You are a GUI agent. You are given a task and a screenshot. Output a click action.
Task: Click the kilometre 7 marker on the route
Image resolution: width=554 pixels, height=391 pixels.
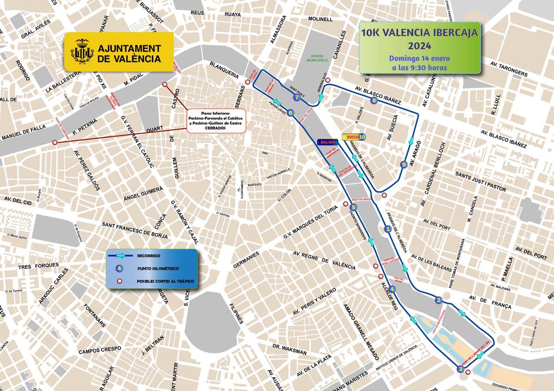296,97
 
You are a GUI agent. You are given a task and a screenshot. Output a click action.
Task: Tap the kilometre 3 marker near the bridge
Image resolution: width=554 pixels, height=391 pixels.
460,369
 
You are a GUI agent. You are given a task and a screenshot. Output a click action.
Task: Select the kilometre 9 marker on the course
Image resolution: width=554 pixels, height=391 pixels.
404,164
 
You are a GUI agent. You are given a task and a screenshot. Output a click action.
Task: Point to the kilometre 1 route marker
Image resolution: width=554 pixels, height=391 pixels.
388,228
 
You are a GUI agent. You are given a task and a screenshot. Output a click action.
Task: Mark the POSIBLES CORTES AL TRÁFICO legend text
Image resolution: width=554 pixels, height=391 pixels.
165,281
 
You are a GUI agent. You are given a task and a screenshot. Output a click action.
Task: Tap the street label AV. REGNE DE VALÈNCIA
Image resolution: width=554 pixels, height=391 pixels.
324,260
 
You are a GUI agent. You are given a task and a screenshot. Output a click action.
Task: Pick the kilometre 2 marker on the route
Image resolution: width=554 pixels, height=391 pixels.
439,301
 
